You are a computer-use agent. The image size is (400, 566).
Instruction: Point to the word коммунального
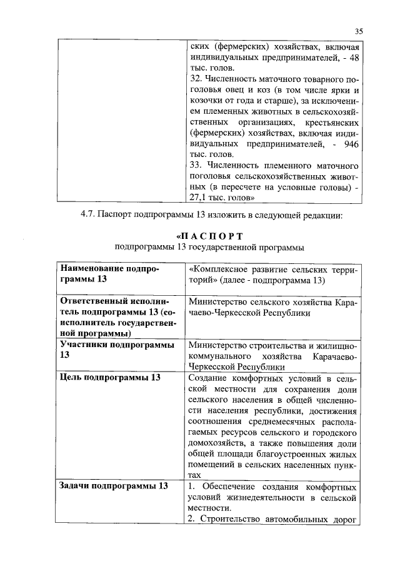222,356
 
